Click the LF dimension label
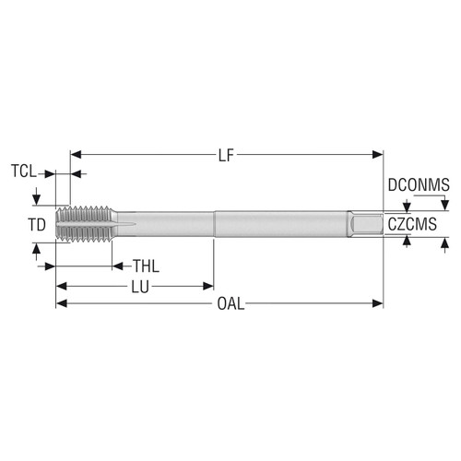pos(227,154)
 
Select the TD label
pos(36,224)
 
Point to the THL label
pos(146,266)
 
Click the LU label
pos(139,287)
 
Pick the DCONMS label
pos(418,185)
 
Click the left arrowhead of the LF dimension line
pos(76,155)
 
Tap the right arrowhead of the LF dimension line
pos(378,155)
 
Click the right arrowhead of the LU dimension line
pos(209,287)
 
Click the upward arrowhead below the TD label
pos(36,248)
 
